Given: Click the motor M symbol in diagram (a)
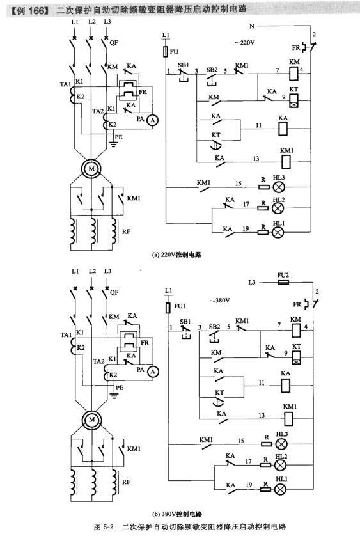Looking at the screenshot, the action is pos(91,169).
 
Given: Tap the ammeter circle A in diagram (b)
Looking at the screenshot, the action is pos(152,372).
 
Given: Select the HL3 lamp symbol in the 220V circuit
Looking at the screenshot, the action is pos(279,187).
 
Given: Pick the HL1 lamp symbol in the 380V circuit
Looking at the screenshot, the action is pos(280,489).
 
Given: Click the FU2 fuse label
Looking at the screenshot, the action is pos(283,276).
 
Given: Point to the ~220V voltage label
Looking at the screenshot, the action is pos(244,43).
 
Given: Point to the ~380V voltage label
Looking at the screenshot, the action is pos(219,300).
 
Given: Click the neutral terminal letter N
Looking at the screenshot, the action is pos(252,26).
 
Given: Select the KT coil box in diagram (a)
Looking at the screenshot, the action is pos(293,100).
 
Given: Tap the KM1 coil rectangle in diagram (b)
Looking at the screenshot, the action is pos(288,418).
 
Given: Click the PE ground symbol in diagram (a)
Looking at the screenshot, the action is pos(113,143).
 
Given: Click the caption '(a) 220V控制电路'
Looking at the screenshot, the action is pos(176,255).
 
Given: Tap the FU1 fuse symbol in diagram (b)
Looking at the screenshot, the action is pos(168,308).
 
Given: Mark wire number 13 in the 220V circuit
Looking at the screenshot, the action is pos(256,159).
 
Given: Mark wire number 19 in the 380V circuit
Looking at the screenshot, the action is pos(249,485).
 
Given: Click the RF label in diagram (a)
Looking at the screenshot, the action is pos(127,231).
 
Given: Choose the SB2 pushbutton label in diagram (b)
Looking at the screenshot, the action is pos(214,326).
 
